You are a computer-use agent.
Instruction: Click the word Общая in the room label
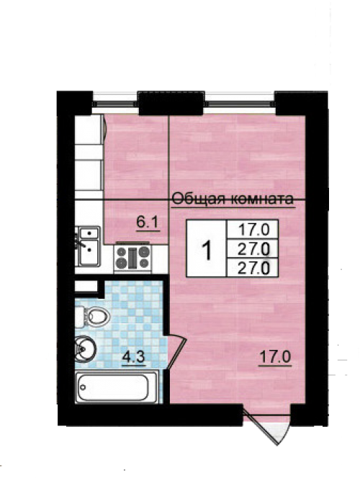(x=199, y=199)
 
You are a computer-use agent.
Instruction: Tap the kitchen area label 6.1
(x=148, y=222)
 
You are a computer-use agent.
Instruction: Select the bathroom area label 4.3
(x=133, y=356)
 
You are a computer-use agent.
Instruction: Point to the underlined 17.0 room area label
(x=275, y=356)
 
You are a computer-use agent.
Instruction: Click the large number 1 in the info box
(x=207, y=249)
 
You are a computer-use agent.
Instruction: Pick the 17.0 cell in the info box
(x=253, y=229)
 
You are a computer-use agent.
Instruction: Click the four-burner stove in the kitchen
(x=133, y=258)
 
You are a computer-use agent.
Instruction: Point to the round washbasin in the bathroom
(x=85, y=348)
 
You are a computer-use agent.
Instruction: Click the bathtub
(x=117, y=387)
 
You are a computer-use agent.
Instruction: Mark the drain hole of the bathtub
(x=83, y=387)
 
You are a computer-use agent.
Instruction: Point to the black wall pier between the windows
(x=171, y=103)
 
